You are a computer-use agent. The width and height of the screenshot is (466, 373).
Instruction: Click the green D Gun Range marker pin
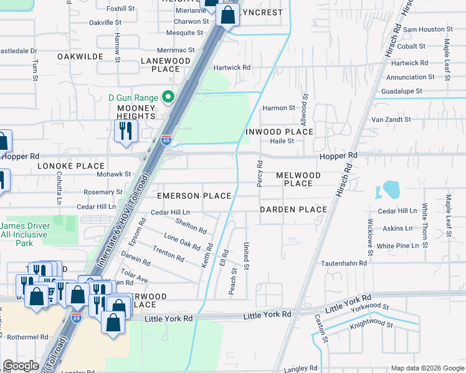coord(167,97)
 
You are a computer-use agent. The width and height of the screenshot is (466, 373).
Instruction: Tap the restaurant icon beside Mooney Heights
coord(126,131)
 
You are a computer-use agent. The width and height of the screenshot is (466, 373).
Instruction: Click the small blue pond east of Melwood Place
coord(391,189)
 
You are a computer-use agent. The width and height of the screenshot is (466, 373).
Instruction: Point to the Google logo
coord(21,366)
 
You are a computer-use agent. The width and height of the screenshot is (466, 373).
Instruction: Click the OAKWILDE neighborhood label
coord(80,57)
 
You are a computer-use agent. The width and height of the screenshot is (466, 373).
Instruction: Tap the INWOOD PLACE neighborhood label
coord(278,132)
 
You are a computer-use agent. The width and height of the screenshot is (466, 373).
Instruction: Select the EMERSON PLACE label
coord(194,196)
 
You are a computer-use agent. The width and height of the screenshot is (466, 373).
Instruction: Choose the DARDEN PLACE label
coord(293,210)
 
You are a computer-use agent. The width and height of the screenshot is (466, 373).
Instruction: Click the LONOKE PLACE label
coord(70,167)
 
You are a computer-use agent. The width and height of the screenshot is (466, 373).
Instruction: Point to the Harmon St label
coord(278,108)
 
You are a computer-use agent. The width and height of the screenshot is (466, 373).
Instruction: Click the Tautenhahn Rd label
coord(343,264)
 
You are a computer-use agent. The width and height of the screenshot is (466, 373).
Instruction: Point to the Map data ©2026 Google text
coord(427,369)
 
